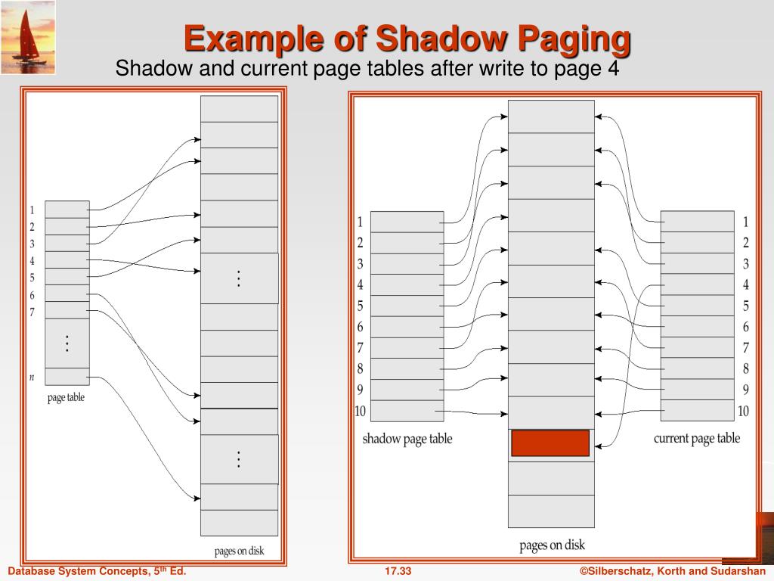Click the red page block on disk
point(550,443)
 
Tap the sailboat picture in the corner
point(27,37)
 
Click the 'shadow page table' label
point(407,439)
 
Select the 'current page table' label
point(697,438)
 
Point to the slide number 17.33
point(398,571)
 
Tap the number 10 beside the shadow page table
point(361,412)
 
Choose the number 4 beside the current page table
point(745,285)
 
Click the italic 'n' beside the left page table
point(32,376)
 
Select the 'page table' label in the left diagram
point(66,397)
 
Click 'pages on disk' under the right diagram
point(552,545)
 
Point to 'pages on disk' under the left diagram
point(240,551)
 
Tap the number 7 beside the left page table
point(32,311)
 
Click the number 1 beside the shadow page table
point(361,222)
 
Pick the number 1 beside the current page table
point(745,222)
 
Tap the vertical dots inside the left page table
point(67,343)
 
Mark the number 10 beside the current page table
point(744,412)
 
